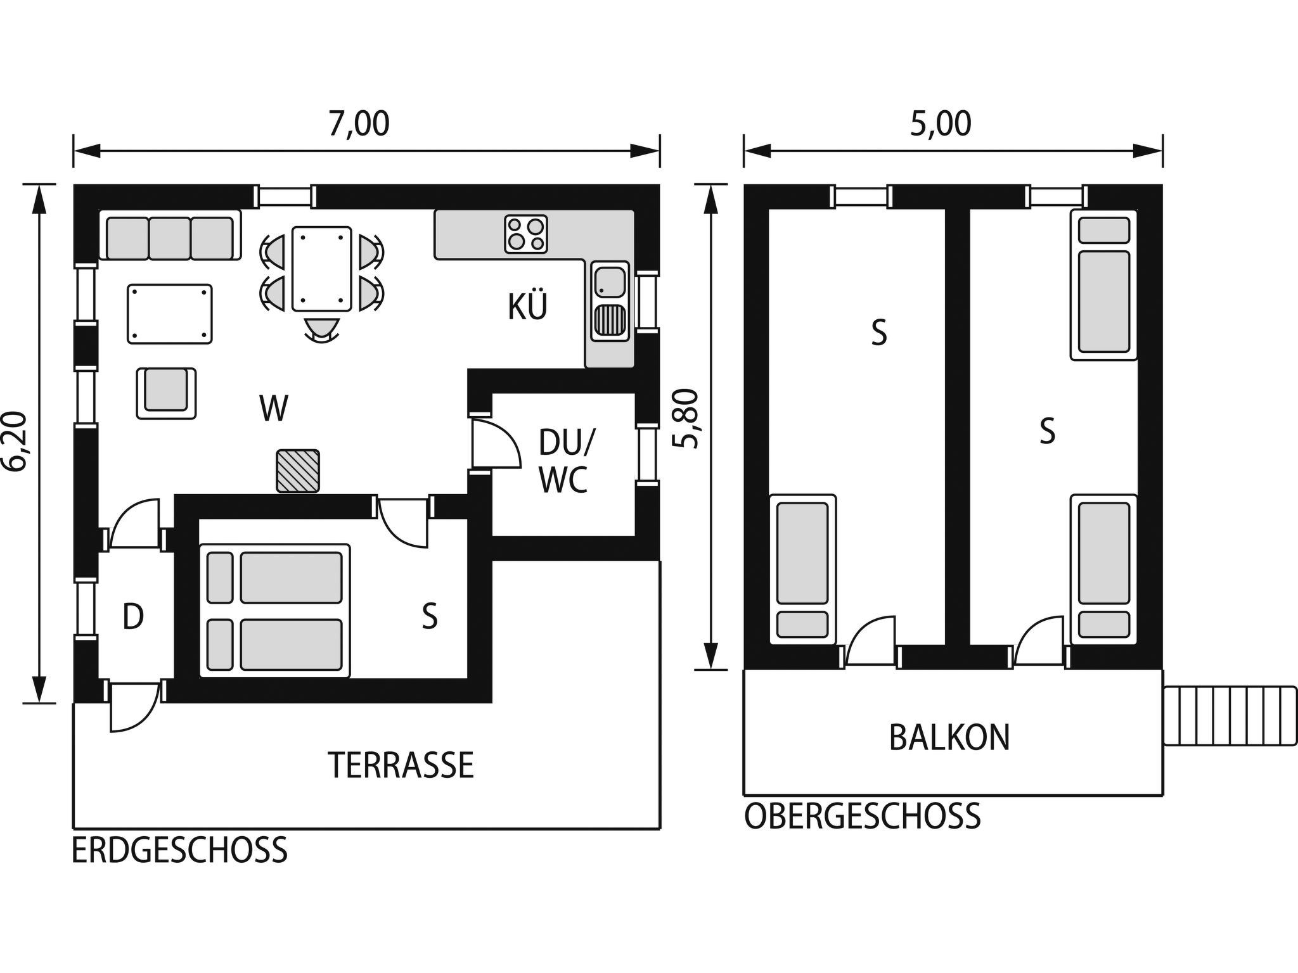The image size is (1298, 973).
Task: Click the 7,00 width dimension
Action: click(359, 124)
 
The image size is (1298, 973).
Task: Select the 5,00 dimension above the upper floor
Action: click(941, 124)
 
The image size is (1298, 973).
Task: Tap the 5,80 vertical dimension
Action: click(686, 419)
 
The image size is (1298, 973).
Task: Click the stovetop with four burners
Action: click(526, 234)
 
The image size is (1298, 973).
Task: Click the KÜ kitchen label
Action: click(527, 307)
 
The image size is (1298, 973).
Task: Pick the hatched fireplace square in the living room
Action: click(297, 471)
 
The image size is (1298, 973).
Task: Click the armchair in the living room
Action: click(166, 393)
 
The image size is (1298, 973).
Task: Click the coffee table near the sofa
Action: click(170, 314)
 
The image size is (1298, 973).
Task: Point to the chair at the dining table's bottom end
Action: click(321, 329)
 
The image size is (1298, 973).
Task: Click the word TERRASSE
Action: click(401, 765)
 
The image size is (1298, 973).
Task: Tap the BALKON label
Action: click(949, 737)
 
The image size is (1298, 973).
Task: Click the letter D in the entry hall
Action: click(133, 616)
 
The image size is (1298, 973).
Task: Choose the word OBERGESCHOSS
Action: click(862, 817)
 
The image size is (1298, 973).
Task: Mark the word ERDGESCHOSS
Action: click(179, 851)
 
